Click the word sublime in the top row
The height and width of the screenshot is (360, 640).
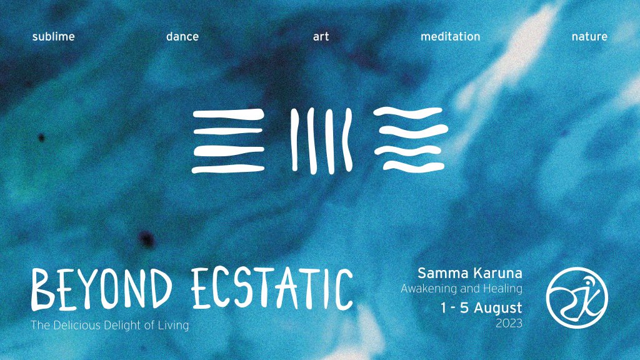click(x=54, y=36)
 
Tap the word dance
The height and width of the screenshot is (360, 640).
click(x=182, y=36)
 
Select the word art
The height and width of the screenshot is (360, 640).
click(x=321, y=37)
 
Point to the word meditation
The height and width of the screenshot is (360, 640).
click(x=450, y=36)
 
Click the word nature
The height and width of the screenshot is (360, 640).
click(x=589, y=37)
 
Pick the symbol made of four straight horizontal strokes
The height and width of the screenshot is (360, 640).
click(x=228, y=141)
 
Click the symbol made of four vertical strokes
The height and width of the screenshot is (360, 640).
click(x=321, y=141)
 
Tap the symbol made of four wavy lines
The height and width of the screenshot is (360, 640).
click(x=411, y=139)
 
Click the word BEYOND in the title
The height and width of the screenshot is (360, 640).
click(x=101, y=289)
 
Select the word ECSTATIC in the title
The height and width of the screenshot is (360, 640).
click(x=272, y=289)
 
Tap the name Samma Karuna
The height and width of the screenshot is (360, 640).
click(x=470, y=272)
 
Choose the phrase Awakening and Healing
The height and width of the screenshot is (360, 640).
click(x=462, y=289)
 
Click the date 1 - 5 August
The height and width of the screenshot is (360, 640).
click(x=481, y=307)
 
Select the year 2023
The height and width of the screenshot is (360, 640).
click(x=509, y=323)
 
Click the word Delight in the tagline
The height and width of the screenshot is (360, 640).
click(x=123, y=326)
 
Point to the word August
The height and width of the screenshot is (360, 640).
click(x=497, y=308)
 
